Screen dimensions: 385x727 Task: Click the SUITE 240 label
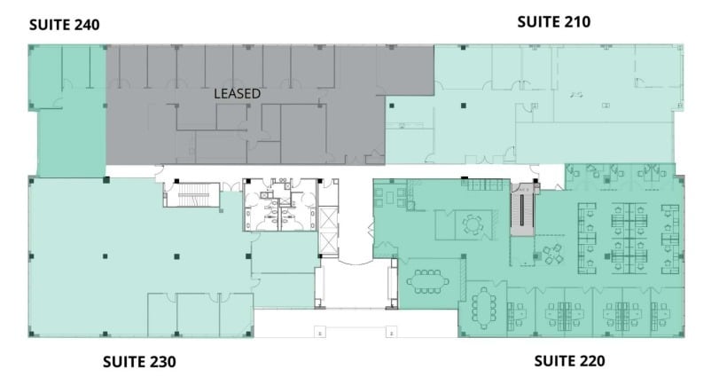[64, 25]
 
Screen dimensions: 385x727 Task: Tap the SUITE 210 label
[553, 21]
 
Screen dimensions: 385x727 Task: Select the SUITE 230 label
[139, 362]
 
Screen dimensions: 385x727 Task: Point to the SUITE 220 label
[569, 361]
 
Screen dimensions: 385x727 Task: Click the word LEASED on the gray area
[237, 93]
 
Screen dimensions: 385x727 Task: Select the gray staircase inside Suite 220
[522, 214]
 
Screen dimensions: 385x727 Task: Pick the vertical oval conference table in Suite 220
[483, 307]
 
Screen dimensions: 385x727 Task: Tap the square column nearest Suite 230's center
[106, 257]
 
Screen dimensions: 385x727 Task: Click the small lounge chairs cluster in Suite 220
[552, 254]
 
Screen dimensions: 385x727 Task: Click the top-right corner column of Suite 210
[684, 47]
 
